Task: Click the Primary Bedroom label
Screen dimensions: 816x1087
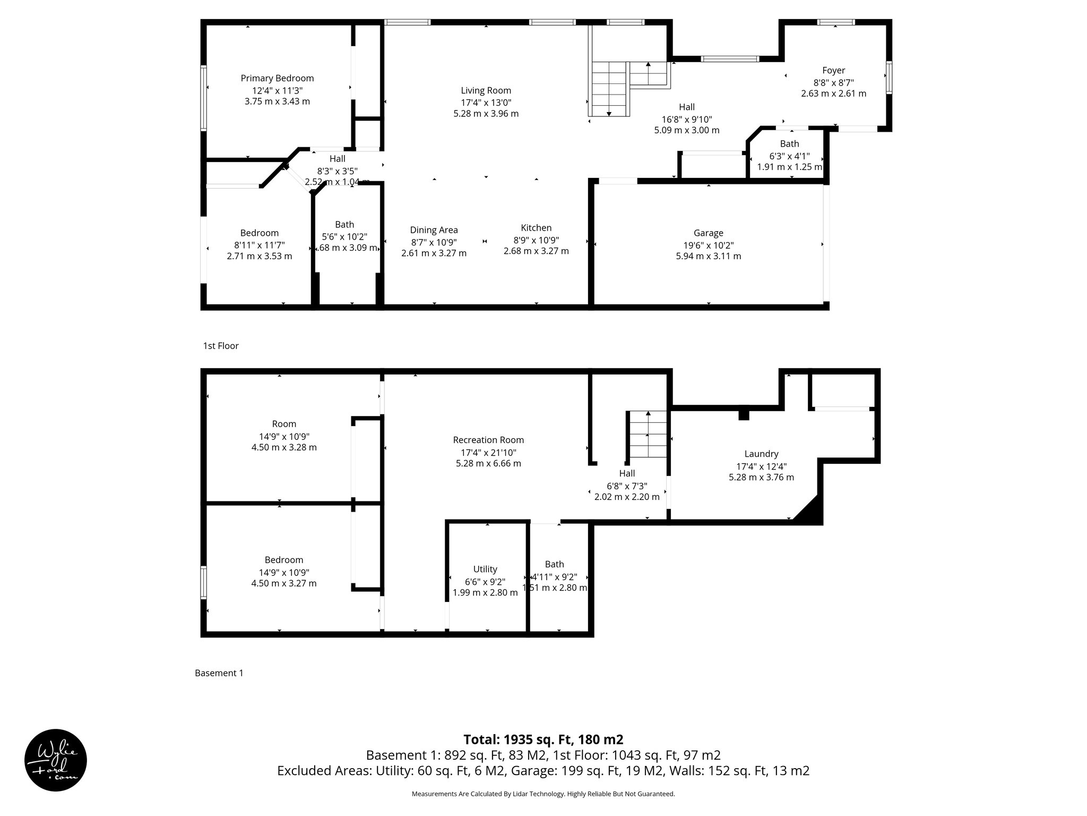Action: (277, 79)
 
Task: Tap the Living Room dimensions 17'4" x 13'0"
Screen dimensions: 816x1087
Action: (486, 103)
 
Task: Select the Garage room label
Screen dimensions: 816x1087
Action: (708, 233)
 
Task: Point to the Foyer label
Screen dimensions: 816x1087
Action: (833, 71)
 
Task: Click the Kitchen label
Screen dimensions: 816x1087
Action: (536, 228)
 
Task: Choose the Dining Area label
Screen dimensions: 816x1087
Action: (434, 230)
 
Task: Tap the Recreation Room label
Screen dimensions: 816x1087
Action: (488, 440)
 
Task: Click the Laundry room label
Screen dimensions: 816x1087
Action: (761, 454)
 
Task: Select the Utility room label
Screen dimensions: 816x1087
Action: (485, 569)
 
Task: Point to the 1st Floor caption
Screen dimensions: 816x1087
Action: (221, 346)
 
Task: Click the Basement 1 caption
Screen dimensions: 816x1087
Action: (219, 673)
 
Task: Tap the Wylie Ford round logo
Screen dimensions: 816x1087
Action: (56, 760)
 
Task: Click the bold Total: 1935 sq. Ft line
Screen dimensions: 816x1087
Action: (543, 739)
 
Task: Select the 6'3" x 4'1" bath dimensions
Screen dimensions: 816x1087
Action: (789, 156)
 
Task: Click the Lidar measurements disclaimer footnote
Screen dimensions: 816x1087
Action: (543, 794)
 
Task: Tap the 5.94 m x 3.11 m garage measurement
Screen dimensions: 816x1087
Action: (708, 256)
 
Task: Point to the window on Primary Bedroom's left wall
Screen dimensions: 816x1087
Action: (203, 98)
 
